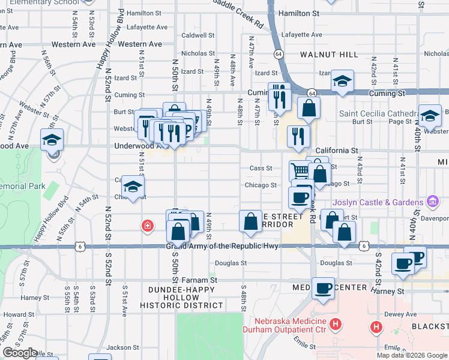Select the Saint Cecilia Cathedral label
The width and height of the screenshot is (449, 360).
[x=378, y=113]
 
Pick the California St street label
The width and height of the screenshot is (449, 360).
[x=337, y=151]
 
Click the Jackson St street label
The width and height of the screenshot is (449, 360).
[x=123, y=347]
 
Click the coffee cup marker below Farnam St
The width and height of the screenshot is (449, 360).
[x=323, y=289]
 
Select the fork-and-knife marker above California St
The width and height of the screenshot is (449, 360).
[x=298, y=136]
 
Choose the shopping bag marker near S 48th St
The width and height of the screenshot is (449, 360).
[x=250, y=221]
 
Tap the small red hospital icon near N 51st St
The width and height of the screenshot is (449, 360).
[x=146, y=226]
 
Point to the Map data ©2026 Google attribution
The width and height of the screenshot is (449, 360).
[x=412, y=355]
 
